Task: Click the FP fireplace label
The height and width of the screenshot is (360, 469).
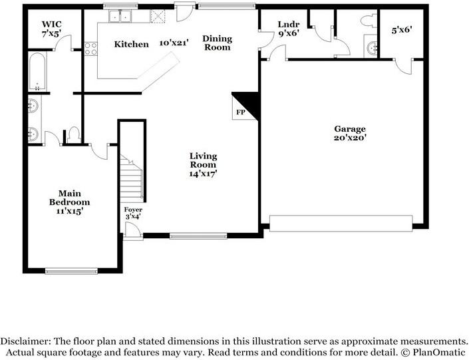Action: pos(240,112)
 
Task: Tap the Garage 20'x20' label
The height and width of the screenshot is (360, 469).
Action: pos(350,133)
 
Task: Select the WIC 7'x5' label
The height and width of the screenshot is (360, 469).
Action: pos(52,29)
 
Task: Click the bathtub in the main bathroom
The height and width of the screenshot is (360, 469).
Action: pos(37,71)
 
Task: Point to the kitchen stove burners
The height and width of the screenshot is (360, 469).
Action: pos(90,49)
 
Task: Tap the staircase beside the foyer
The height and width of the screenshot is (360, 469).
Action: pos(132,176)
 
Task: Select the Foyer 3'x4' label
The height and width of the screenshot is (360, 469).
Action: pos(133,213)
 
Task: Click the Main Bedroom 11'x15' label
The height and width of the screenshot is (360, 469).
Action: pos(69,202)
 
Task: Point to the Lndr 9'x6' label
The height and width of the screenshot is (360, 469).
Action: pos(289,29)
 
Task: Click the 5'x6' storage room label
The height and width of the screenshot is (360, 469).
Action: pos(402,30)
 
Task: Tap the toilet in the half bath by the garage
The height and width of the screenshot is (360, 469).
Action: pos(369,20)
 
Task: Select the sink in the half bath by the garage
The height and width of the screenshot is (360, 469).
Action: pos(371,47)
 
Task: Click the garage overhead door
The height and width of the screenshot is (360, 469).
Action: pos(341,223)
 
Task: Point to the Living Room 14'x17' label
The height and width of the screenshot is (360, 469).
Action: pos(203,164)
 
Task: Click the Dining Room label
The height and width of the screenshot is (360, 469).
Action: pos(217,43)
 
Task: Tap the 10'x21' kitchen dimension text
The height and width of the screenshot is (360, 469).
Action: pos(174,43)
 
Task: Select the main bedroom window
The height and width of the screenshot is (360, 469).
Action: pos(71,271)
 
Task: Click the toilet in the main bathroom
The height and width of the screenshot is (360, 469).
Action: pos(73,135)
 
